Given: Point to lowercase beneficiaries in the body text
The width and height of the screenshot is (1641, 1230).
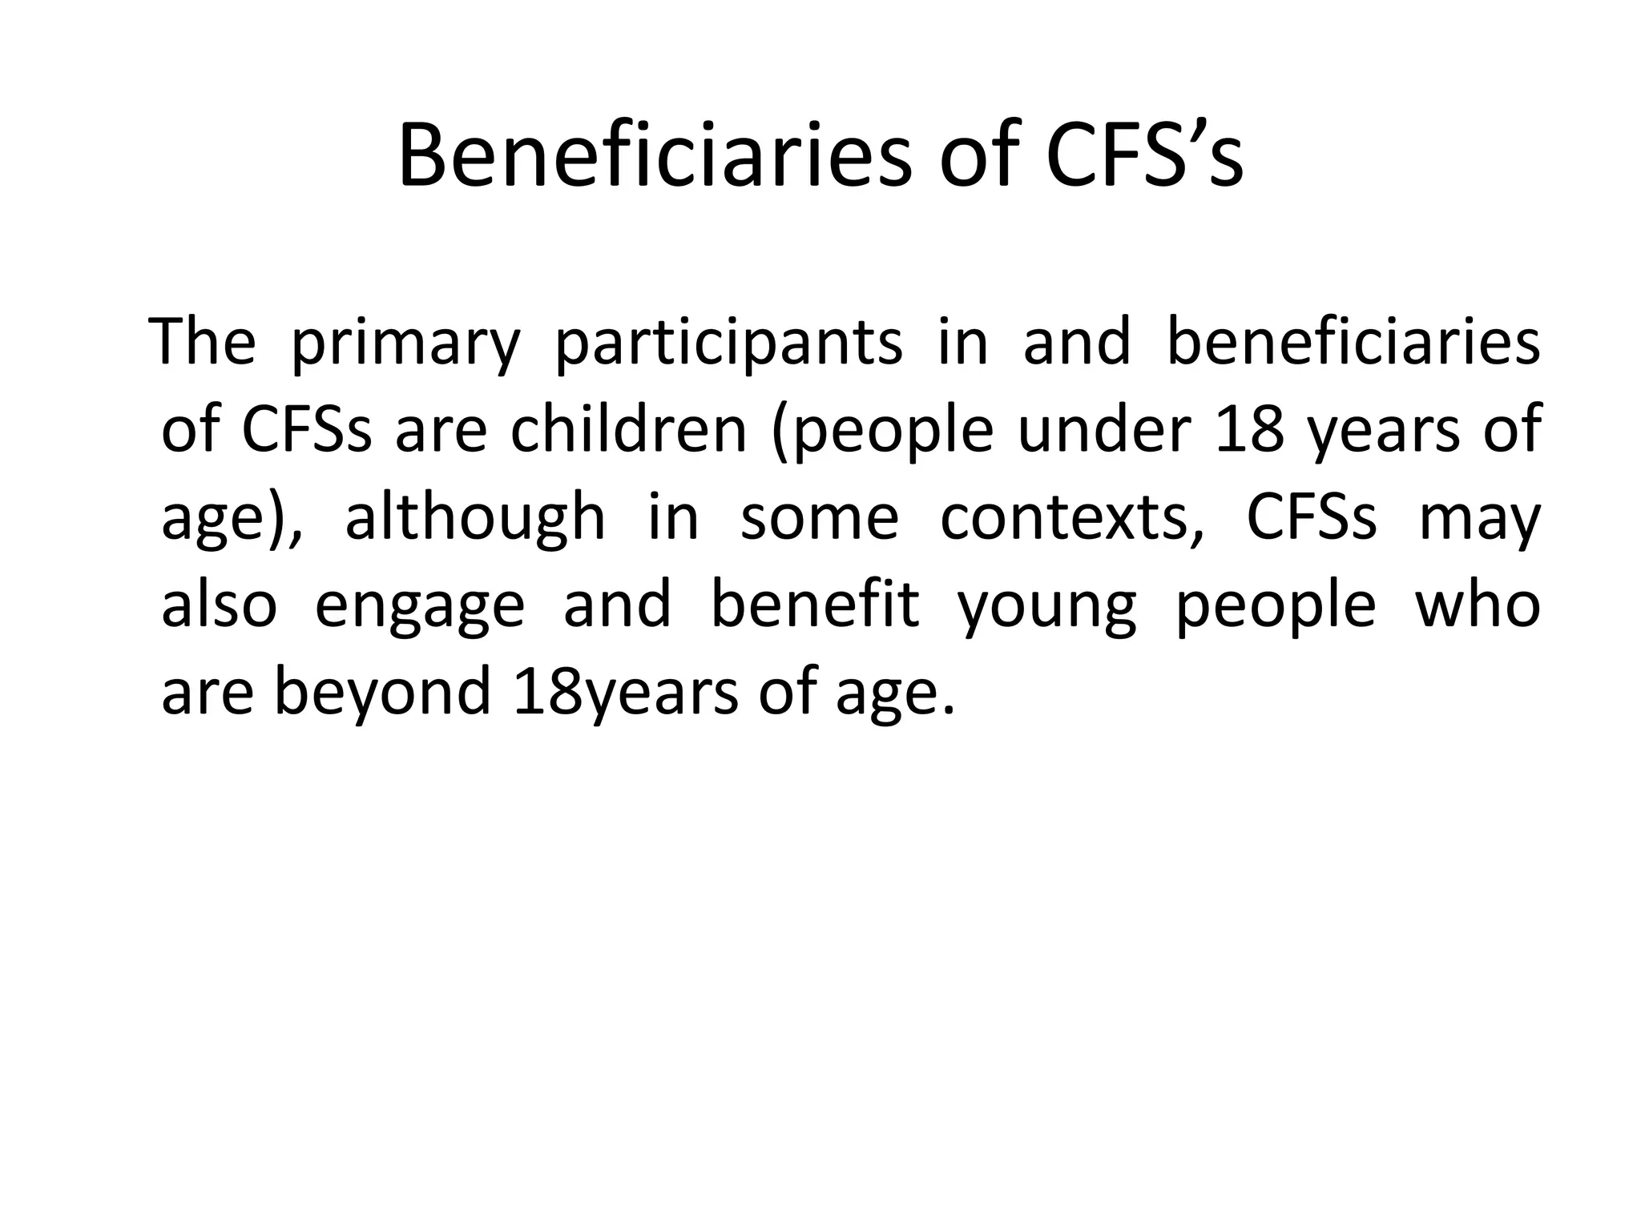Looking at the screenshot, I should (1353, 342).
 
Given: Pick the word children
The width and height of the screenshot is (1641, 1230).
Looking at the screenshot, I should (629, 430).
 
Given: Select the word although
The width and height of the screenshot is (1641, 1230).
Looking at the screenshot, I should (474, 518).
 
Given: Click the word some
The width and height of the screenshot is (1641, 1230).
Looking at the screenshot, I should (819, 518).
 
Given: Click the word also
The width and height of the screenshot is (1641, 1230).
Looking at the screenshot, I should (219, 605).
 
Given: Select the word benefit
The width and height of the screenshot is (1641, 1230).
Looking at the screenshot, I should (814, 605).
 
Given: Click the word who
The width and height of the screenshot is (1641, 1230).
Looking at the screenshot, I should (1478, 605).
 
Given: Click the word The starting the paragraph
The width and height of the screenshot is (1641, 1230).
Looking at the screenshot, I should (204, 342).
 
